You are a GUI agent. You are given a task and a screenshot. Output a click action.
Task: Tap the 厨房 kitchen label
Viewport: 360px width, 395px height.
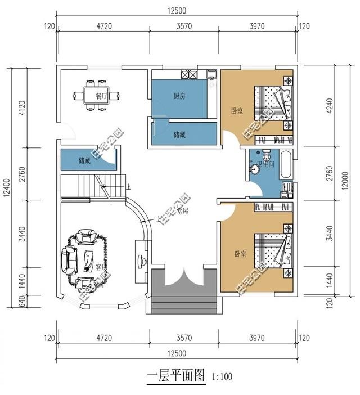pyautogui.click(x=179, y=96)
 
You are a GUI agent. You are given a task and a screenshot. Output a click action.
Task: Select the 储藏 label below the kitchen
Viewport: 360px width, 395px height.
pyautogui.click(x=180, y=134)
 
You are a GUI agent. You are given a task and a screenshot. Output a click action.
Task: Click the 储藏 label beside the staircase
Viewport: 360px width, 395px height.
pyautogui.click(x=84, y=161)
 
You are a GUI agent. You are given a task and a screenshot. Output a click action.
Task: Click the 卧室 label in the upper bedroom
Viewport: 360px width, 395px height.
pyautogui.click(x=237, y=111)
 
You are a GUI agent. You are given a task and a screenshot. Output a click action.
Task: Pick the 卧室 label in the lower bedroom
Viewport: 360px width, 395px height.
pyautogui.click(x=240, y=254)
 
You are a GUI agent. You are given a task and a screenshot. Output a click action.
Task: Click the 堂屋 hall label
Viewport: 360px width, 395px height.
pyautogui.click(x=182, y=211)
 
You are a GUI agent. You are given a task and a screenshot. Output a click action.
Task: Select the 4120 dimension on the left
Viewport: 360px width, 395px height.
pyautogui.click(x=22, y=107)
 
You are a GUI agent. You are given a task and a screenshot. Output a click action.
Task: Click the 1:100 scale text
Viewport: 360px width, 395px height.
pyautogui.click(x=222, y=376)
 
